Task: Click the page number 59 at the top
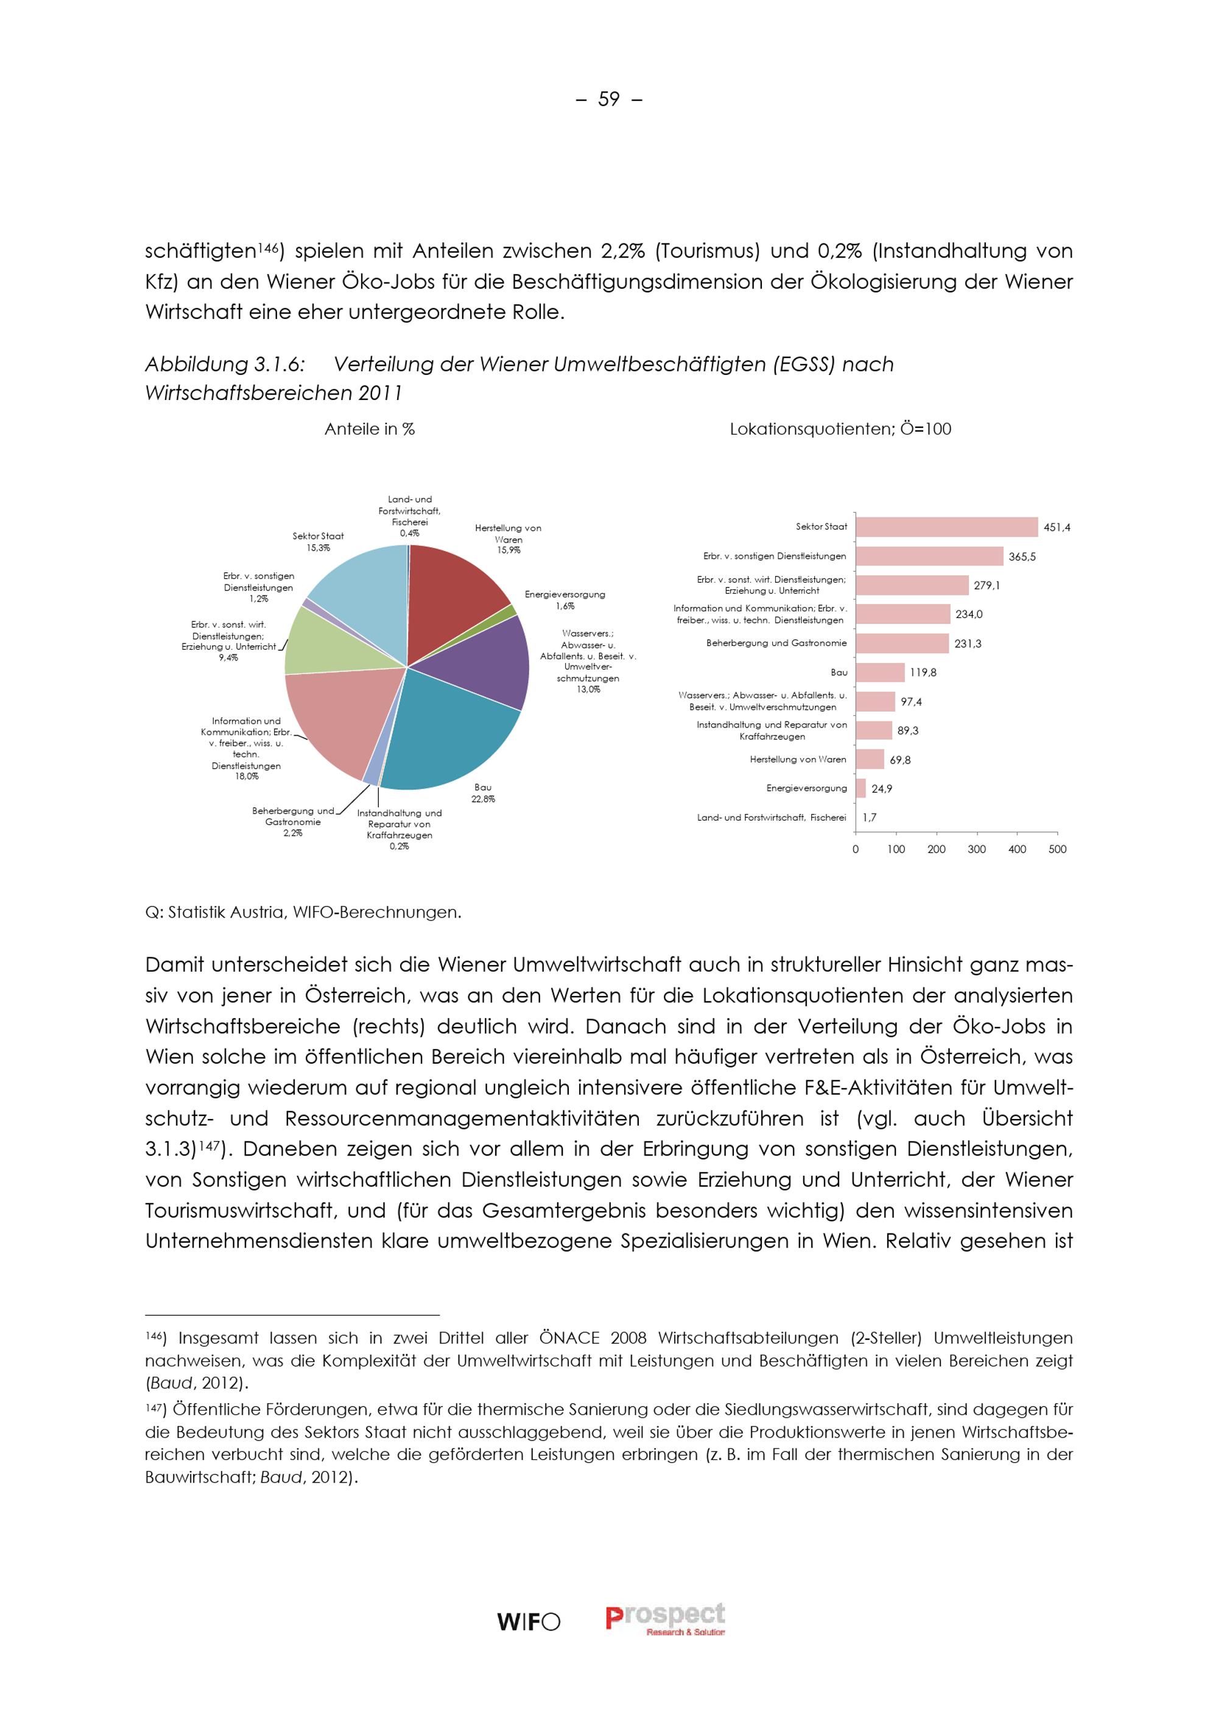(x=608, y=99)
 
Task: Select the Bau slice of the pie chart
(x=443, y=732)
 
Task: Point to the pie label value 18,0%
(x=246, y=777)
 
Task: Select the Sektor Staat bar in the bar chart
(x=946, y=527)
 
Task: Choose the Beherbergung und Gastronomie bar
(x=902, y=643)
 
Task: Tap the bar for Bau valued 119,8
(x=880, y=672)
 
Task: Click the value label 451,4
(x=1057, y=528)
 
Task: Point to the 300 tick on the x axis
(x=976, y=849)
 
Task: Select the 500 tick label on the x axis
(x=1057, y=849)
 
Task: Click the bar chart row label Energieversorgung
(x=806, y=788)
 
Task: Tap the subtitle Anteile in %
(x=369, y=429)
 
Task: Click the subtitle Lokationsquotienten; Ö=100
(x=840, y=429)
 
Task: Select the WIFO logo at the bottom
(x=529, y=1623)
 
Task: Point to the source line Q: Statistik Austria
(x=303, y=913)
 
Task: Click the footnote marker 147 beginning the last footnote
(x=154, y=1409)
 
